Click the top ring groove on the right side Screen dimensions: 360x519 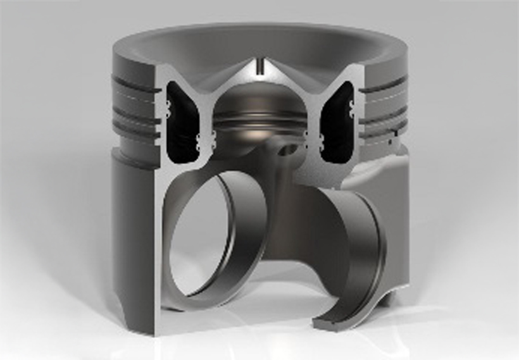(x=383, y=84)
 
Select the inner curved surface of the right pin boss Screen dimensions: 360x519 (x=354, y=247)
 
